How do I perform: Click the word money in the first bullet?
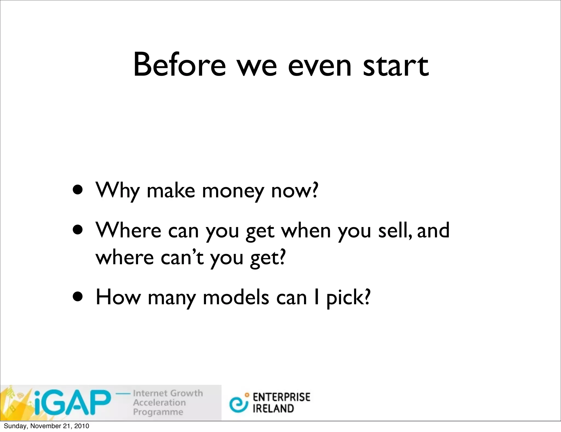point(233,191)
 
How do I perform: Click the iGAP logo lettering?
point(73,402)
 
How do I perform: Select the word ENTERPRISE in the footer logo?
point(281,397)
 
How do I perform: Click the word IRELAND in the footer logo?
point(273,408)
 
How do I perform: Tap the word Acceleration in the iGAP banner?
point(159,402)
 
